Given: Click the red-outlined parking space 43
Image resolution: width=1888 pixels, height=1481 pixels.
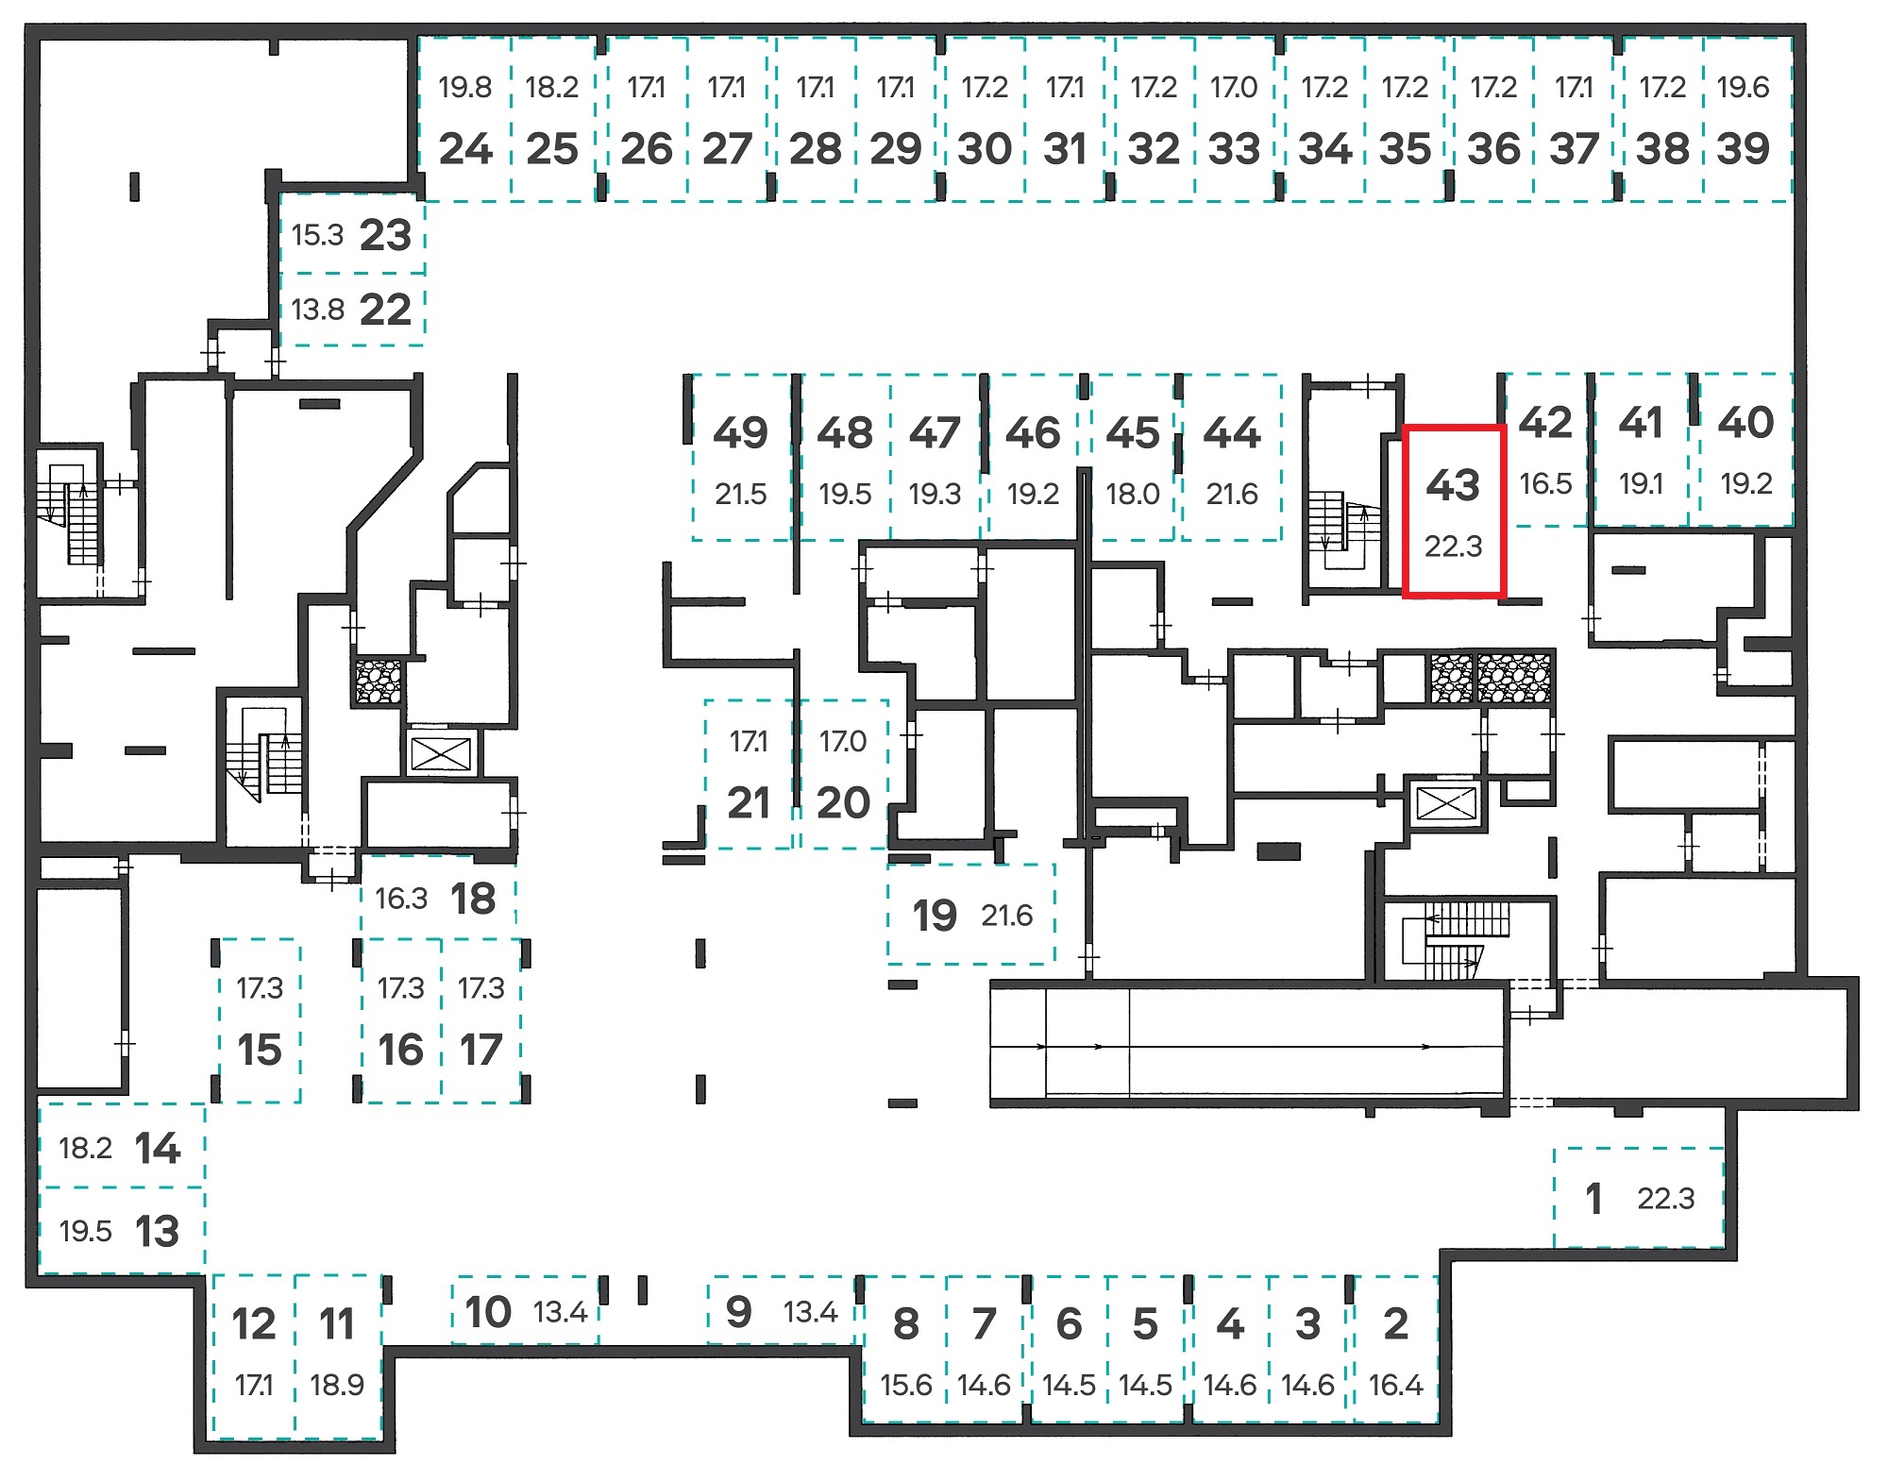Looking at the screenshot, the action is [x=1454, y=512].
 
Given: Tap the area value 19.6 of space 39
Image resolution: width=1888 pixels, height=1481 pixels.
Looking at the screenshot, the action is [x=1743, y=88].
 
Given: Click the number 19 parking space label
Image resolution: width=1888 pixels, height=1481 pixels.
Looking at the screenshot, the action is [x=935, y=916].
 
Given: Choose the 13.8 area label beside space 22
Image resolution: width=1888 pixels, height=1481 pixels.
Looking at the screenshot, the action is [x=318, y=310].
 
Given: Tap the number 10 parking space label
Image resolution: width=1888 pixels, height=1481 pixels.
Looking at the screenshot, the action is [x=488, y=1312].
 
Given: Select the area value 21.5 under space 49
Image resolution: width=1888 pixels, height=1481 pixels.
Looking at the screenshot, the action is [x=740, y=494].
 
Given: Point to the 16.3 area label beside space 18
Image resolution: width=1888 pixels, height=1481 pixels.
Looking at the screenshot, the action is [x=401, y=899].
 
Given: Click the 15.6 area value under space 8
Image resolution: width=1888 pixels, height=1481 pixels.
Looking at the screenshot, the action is [x=906, y=1385].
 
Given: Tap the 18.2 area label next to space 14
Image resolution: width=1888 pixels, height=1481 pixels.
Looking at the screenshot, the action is [x=85, y=1149].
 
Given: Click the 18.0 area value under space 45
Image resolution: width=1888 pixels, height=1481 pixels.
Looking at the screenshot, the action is [x=1133, y=494].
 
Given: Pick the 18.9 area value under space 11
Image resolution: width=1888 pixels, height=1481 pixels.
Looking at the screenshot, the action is [x=337, y=1385].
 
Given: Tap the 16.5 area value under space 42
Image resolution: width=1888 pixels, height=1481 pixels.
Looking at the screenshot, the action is [x=1545, y=483].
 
